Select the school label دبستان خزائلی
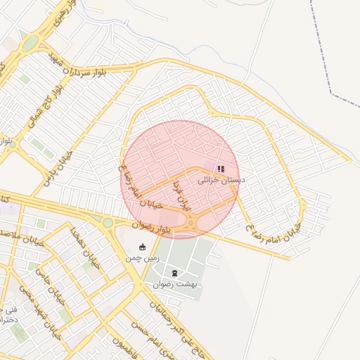[x=221, y=181]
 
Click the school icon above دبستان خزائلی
[x=221, y=169]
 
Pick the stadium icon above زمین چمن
[x=143, y=247]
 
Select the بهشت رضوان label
[x=175, y=284]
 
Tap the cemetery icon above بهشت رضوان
[x=175, y=273]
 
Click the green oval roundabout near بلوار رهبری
[x=30, y=44]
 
